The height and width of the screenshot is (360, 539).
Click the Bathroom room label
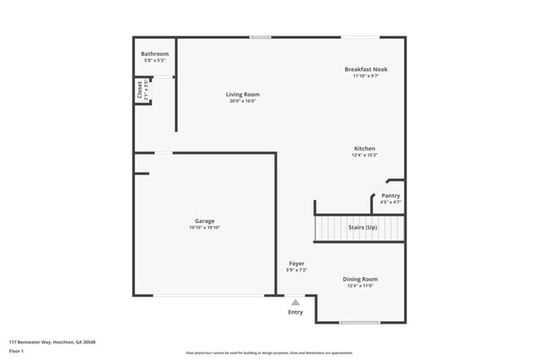[x=155, y=54]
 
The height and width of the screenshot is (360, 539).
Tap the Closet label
[x=139, y=90]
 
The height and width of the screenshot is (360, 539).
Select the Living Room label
[x=243, y=95]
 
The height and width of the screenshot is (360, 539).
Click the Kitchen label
[x=365, y=148]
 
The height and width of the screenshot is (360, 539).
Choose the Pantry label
[x=391, y=196]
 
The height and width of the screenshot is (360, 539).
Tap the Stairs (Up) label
[x=362, y=226]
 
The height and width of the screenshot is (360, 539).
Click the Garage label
[x=205, y=221]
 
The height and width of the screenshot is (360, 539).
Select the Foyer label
[x=296, y=264]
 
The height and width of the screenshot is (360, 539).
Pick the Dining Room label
[x=361, y=280]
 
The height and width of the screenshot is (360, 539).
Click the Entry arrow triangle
[x=295, y=302]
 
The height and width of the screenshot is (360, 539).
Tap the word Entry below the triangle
[x=295, y=312]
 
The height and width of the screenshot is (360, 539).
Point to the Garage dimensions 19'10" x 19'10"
[x=205, y=227]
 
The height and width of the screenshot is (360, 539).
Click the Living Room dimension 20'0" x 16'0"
[x=243, y=101]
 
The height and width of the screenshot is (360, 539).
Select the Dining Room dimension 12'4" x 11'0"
[x=361, y=286]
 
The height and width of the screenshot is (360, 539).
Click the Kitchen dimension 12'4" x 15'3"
[x=365, y=155]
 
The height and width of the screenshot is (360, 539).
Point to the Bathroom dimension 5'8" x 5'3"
[x=155, y=61]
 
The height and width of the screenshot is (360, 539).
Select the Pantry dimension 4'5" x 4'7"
[x=391, y=202]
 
